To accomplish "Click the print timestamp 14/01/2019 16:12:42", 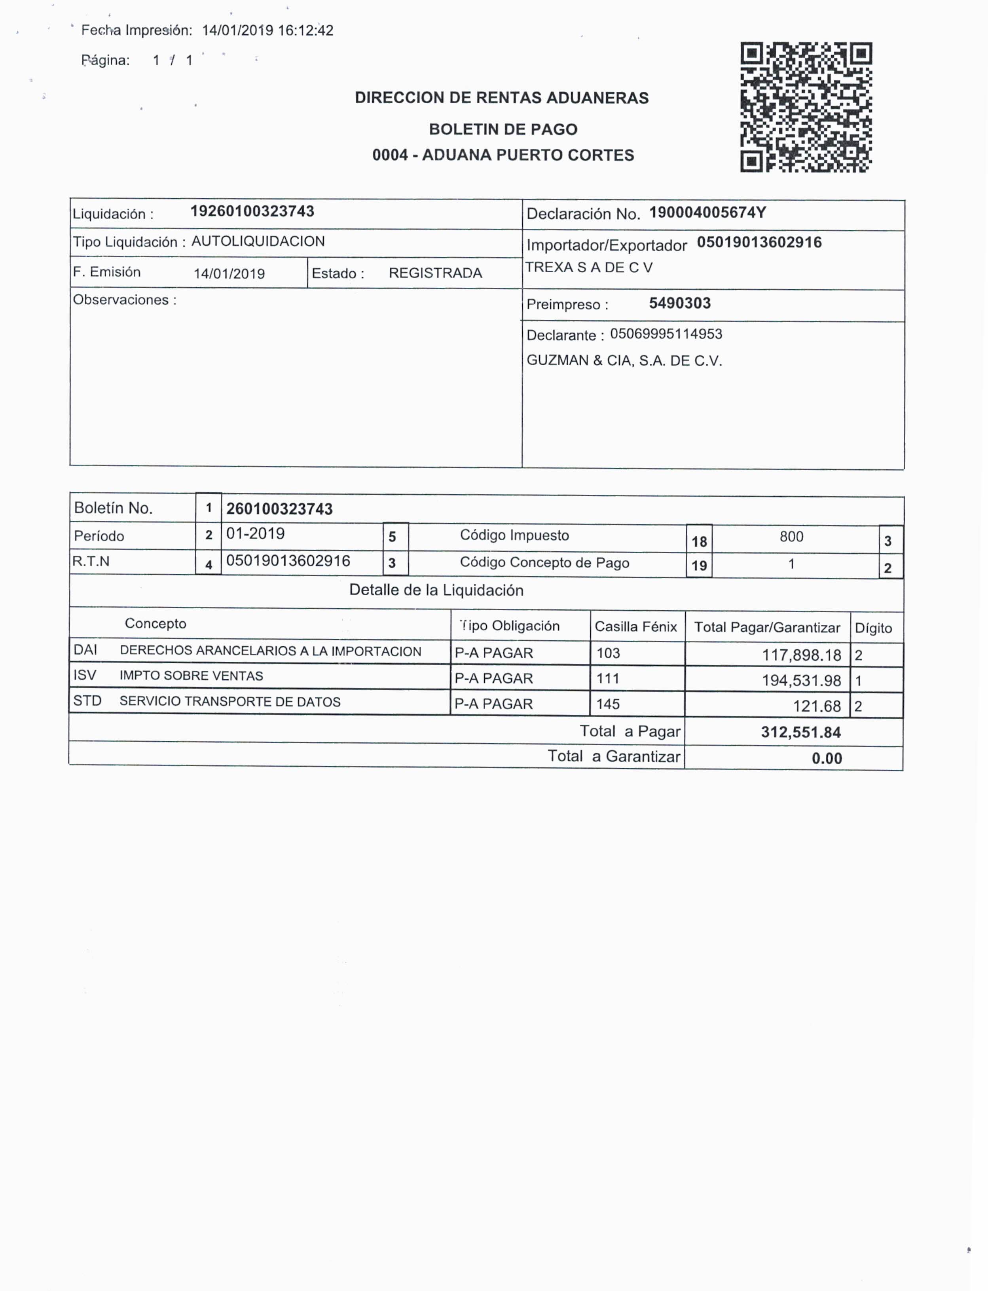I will coord(267,30).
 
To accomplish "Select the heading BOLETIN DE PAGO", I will coord(503,129).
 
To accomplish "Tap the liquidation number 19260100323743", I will coord(252,212).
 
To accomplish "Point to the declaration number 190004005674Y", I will coord(707,213).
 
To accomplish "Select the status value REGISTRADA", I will coord(435,273).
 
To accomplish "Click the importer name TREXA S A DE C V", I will coord(589,268).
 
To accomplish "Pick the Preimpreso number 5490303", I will coord(680,304).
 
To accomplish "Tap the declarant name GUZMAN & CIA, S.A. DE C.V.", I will coord(624,361).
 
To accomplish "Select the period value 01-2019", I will coord(255,534).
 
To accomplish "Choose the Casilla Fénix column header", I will coord(636,627).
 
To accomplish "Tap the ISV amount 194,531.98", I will coord(802,680).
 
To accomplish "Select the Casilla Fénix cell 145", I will coord(608,704).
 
